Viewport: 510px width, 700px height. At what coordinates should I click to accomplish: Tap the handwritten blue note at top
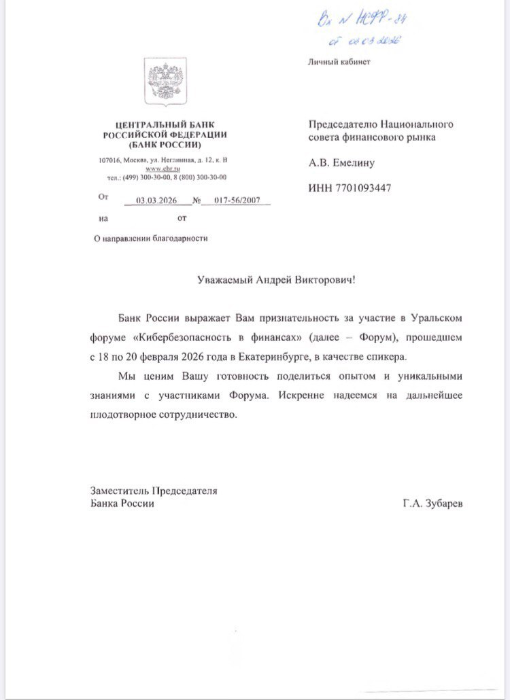pyautogui.click(x=356, y=31)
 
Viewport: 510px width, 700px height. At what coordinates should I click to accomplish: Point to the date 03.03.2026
pyautogui.click(x=156, y=200)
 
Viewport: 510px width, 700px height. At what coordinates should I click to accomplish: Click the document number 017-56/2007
pyautogui.click(x=236, y=200)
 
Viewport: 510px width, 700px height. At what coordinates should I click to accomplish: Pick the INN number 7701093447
pyautogui.click(x=350, y=188)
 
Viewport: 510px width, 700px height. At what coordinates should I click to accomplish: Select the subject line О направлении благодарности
pyautogui.click(x=150, y=238)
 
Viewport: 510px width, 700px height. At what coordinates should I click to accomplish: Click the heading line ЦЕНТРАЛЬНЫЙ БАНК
pyautogui.click(x=163, y=125)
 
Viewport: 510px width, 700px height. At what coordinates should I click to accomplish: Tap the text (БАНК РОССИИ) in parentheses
pyautogui.click(x=164, y=145)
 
